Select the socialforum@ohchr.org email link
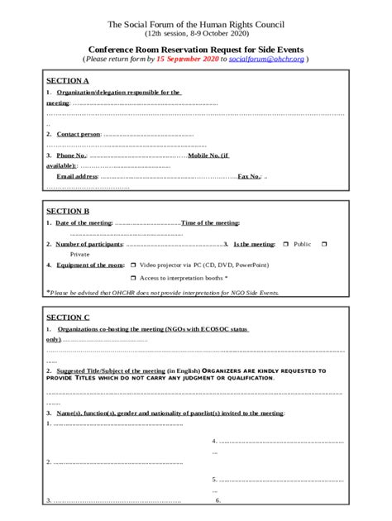266,60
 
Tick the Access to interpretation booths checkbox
133,278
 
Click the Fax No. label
249,176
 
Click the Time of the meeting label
210,223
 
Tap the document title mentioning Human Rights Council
195,26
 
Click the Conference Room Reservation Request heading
195,50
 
